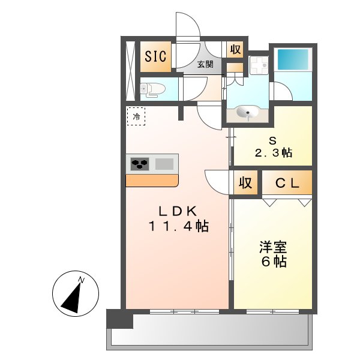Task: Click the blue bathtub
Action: (292, 61)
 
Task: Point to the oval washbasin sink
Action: (248, 112)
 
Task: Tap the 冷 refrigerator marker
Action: (136, 116)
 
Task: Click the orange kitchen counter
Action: (152, 180)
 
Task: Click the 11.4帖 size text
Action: (178, 227)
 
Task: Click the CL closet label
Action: (287, 184)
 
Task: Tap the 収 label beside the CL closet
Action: (245, 184)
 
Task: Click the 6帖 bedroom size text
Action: (272, 262)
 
